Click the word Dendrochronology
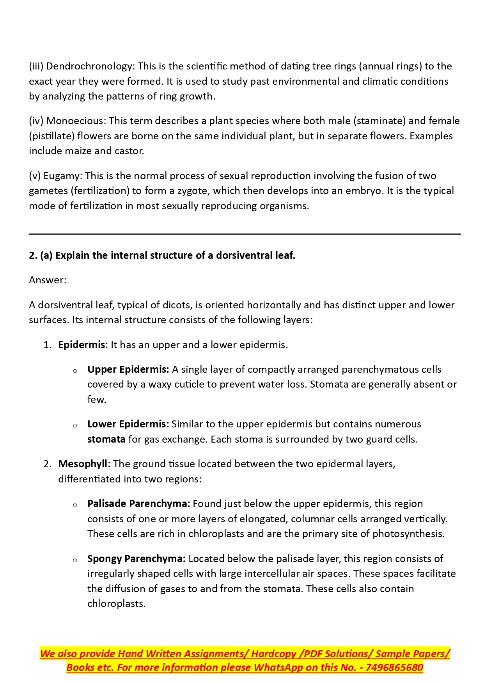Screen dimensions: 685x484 coord(90,66)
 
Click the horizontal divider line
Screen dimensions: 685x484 coord(245,234)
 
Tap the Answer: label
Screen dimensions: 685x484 coord(48,280)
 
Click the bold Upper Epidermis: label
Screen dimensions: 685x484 coord(128,370)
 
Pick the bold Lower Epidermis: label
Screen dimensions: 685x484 coord(128,424)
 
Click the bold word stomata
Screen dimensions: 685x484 coord(106,439)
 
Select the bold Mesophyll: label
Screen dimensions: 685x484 coord(84,464)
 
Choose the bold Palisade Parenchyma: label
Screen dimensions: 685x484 coord(138,504)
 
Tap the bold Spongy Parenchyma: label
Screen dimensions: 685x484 coord(136,559)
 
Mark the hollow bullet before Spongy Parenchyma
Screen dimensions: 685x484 coord(75,560)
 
